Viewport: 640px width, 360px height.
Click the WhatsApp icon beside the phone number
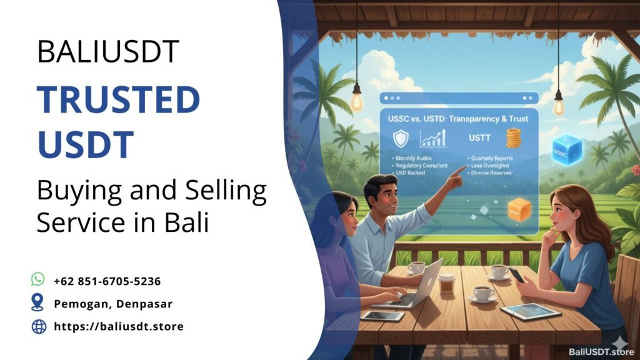38,279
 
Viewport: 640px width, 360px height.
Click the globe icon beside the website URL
38,326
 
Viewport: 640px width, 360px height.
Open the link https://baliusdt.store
119,326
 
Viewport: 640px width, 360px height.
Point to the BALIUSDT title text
108,52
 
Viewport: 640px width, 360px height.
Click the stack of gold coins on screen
513,138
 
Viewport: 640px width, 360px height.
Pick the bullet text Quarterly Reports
494,159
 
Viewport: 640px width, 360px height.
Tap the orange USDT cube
519,210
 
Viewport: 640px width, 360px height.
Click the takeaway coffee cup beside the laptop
446,283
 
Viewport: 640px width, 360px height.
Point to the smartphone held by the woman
516,274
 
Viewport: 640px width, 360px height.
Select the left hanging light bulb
357,99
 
